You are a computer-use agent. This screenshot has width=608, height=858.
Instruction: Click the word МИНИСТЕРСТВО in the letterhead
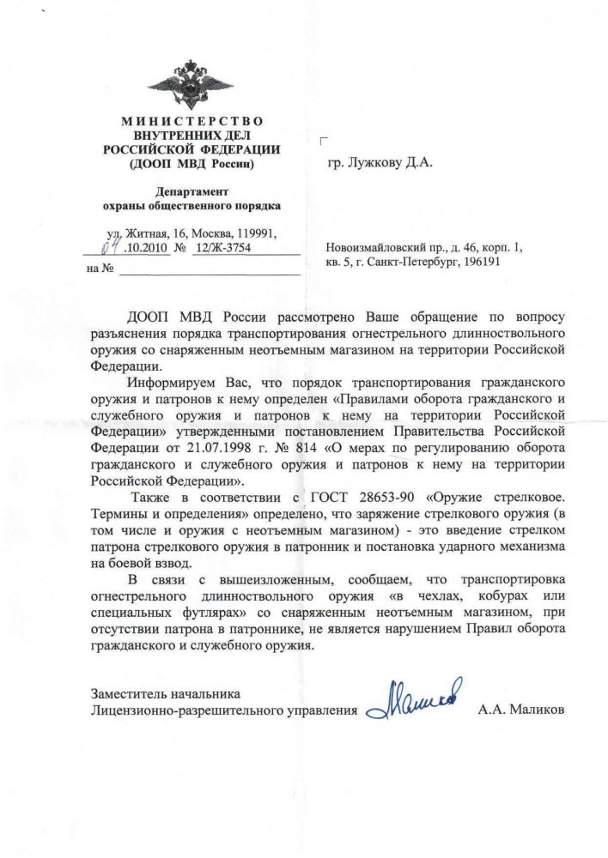(191, 122)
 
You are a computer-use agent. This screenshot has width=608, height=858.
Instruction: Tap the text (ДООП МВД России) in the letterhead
(191, 161)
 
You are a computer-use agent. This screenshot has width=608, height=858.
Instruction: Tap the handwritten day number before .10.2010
(109, 248)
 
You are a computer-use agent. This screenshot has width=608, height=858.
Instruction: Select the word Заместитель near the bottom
(127, 693)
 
